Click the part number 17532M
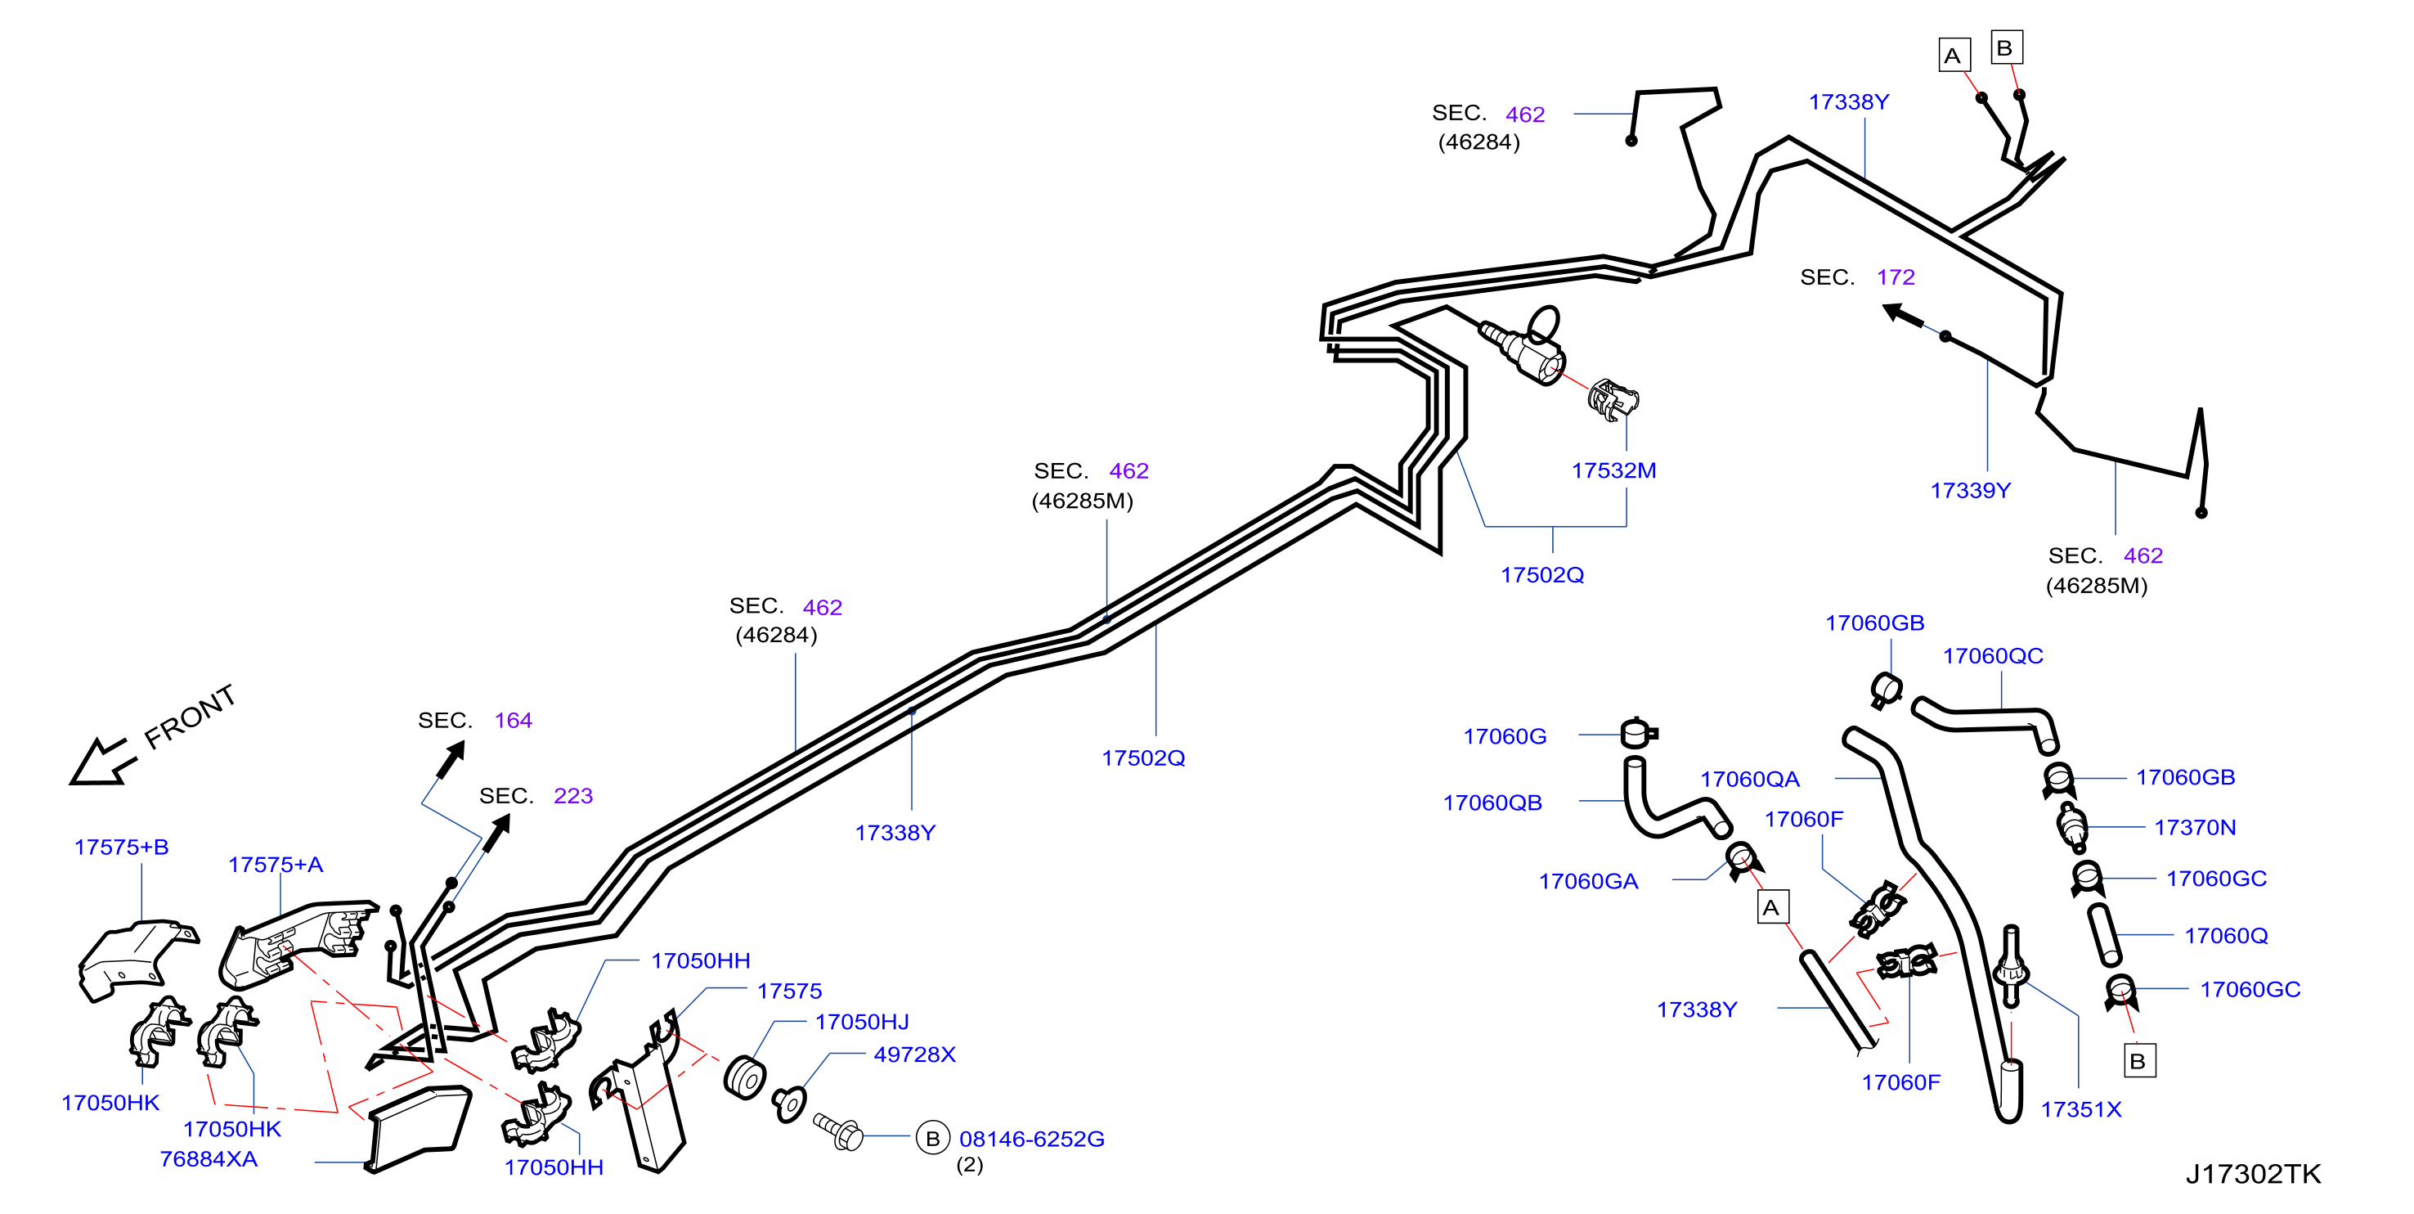[1613, 470]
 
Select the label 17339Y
[1970, 490]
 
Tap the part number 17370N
[2195, 827]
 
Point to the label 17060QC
[1992, 655]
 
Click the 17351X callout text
[2080, 1109]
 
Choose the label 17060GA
[1587, 881]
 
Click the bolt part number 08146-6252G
[1031, 1139]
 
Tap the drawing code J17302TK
[2253, 1174]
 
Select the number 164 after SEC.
[513, 720]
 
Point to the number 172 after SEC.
[1895, 277]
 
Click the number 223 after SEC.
[572, 796]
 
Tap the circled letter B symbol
[932, 1138]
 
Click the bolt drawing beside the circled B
[837, 1131]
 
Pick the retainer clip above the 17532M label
[1613, 400]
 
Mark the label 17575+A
[275, 865]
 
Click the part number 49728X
[913, 1054]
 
